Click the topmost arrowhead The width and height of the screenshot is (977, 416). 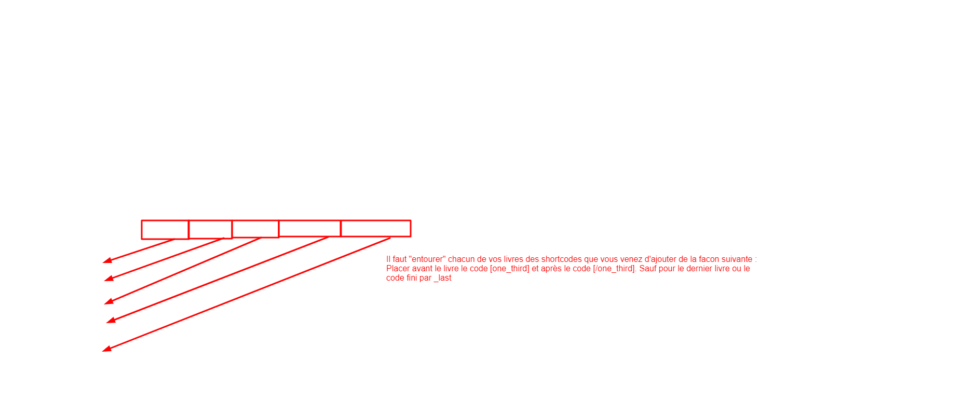[x=107, y=260]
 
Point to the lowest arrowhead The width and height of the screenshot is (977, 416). [x=107, y=349]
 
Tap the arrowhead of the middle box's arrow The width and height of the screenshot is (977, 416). [x=109, y=301]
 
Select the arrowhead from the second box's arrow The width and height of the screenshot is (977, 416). [x=109, y=279]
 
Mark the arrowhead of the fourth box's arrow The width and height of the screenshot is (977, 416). [x=111, y=320]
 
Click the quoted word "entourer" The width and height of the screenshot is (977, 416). [x=428, y=259]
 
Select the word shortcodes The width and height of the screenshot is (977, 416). [x=561, y=259]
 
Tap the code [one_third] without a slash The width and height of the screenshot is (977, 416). [x=510, y=269]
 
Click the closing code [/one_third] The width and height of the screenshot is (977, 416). [x=614, y=269]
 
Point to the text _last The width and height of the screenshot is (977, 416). [x=443, y=278]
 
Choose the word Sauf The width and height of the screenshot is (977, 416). [x=648, y=269]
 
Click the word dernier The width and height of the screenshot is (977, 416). [x=700, y=269]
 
